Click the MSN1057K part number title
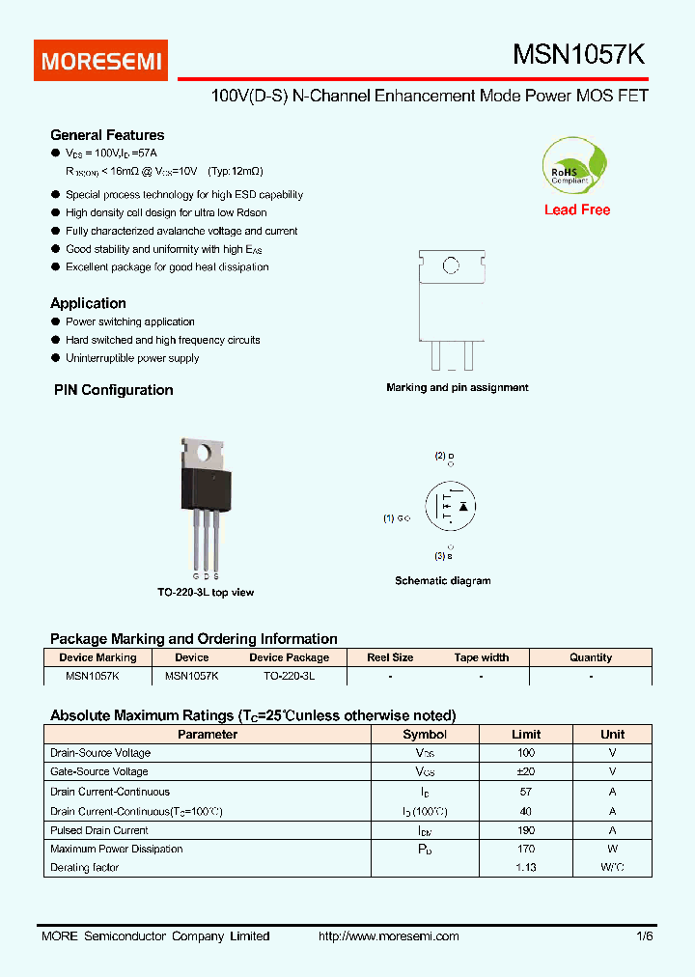578,56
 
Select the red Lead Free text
577,209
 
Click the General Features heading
107,135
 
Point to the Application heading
88,303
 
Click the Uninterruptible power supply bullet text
132,358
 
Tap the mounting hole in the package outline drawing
450,265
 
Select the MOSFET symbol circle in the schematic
451,505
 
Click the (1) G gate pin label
397,518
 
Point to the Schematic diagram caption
442,581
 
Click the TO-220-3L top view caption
206,592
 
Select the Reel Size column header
390,657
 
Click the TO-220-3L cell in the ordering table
289,677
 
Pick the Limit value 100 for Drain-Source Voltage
525,753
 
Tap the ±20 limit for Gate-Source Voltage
525,771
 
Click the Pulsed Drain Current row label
99,830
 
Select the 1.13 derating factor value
525,868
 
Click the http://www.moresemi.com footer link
388,936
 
